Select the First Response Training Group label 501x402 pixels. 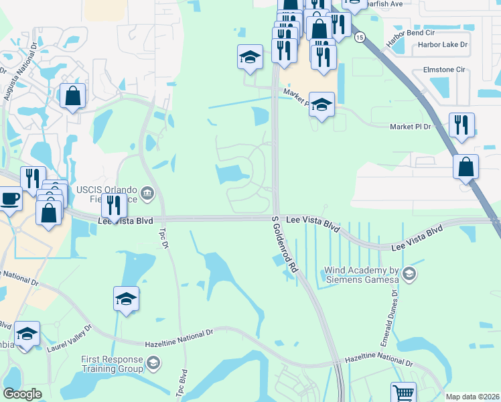pos(113,364)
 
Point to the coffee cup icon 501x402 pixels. pos(9,199)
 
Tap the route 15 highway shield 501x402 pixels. pos(360,38)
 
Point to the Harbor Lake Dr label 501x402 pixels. pos(442,45)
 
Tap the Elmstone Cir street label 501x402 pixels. pos(443,69)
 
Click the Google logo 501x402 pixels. pos(22,394)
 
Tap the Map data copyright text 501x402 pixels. pos(472,397)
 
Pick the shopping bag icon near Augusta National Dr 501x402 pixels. pos(72,96)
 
